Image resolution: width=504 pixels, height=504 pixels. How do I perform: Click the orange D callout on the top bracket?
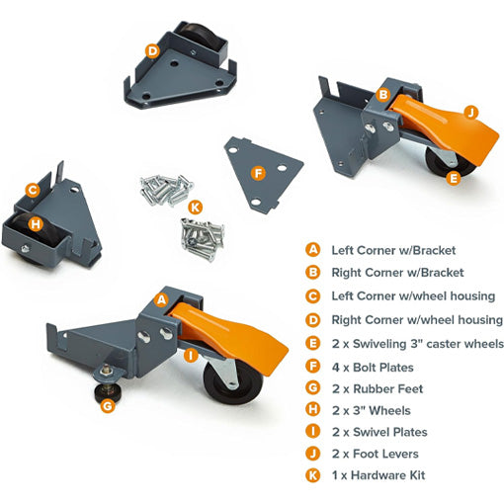tap(152, 51)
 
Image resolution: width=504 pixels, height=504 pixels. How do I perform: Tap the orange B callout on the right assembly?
tap(383, 95)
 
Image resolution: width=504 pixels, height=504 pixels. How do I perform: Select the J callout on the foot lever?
tap(471, 113)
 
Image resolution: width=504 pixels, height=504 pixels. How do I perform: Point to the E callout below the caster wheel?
tap(454, 179)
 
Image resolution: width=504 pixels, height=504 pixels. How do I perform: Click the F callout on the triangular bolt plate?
tap(258, 173)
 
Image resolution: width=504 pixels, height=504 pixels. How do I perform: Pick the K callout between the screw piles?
tap(196, 208)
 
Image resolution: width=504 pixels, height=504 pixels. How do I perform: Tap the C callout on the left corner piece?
tap(33, 191)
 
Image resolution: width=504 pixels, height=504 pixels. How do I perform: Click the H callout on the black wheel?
tap(36, 224)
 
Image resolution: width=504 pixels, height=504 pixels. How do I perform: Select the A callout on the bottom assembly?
tap(161, 299)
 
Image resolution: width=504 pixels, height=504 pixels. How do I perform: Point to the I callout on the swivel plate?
tap(191, 356)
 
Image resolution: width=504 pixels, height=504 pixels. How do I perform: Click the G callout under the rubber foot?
tap(108, 406)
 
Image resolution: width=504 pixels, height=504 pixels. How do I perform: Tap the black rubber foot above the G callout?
tap(106, 392)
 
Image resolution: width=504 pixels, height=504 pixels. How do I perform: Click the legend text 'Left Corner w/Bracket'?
tap(393, 250)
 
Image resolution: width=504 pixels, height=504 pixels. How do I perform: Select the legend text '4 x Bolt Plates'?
tap(373, 368)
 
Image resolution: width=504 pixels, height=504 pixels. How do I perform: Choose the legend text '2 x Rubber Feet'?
tap(378, 389)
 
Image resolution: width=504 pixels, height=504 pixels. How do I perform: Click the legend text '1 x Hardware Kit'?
tap(378, 475)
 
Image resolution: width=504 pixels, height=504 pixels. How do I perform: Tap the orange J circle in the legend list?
tap(312, 454)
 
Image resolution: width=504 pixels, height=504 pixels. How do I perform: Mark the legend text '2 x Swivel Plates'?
tap(379, 432)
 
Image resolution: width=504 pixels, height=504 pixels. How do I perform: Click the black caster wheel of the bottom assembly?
tap(233, 382)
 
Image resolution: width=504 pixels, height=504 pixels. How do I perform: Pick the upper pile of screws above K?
tap(166, 191)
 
